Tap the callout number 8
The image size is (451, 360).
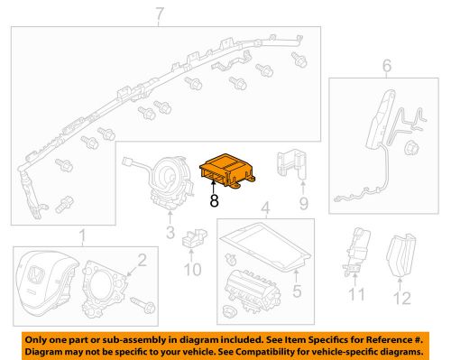pyautogui.click(x=214, y=202)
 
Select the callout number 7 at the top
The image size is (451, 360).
pyautogui.click(x=161, y=14)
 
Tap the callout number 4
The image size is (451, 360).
pyautogui.click(x=264, y=209)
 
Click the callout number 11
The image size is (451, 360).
pyautogui.click(x=354, y=295)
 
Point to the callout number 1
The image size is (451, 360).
pyautogui.click(x=82, y=236)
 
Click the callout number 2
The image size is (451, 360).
pyautogui.click(x=142, y=261)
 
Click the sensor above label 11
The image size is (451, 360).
pyautogui.click(x=354, y=252)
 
